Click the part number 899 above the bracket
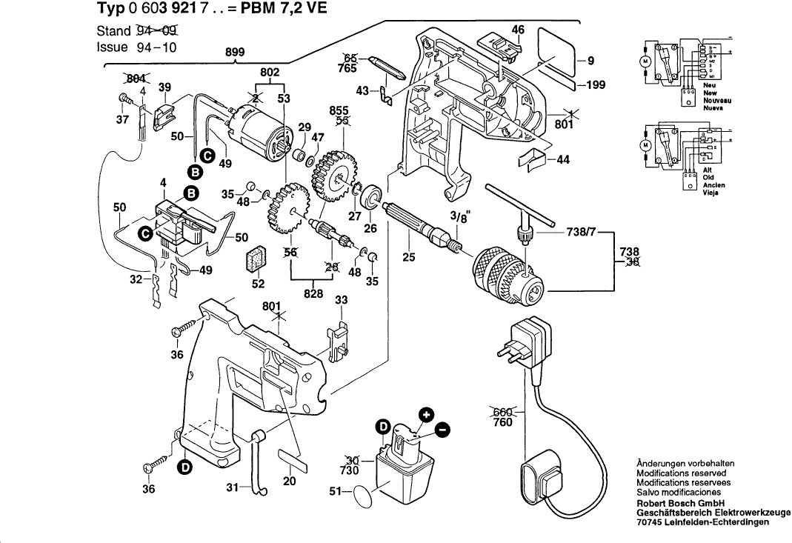tap(235, 52)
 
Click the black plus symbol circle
tap(426, 415)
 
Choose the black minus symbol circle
tap(441, 429)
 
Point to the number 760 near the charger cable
tap(503, 422)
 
